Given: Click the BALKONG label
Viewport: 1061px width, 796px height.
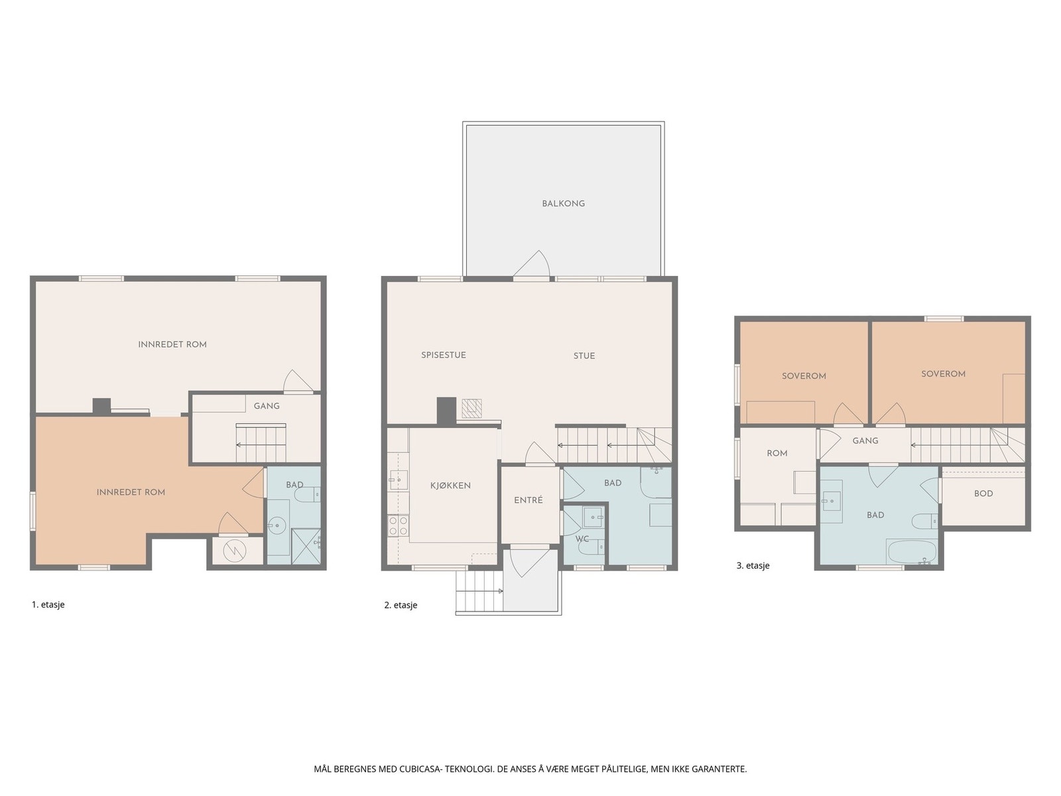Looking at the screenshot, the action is [x=563, y=204].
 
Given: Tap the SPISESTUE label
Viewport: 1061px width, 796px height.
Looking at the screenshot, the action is [x=443, y=356].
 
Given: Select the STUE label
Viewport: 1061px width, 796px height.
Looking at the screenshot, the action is [x=584, y=356].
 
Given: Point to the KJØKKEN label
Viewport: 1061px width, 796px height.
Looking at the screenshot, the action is [x=450, y=486].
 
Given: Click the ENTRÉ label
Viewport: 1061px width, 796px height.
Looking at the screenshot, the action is [x=529, y=500].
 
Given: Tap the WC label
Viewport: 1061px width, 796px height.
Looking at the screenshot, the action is [x=582, y=539].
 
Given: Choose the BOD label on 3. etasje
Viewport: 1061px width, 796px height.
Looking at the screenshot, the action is [x=983, y=494].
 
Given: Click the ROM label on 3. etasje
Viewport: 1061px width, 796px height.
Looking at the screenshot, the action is [x=777, y=453].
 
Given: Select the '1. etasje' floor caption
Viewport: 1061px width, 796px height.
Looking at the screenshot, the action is [x=48, y=604].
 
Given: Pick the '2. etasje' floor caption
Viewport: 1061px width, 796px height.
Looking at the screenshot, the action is [x=401, y=605].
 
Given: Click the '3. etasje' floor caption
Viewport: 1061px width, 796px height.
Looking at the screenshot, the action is [x=753, y=565].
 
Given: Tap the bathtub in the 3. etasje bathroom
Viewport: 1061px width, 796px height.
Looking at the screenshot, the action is [x=911, y=552].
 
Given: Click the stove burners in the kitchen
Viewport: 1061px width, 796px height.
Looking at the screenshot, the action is [x=398, y=526].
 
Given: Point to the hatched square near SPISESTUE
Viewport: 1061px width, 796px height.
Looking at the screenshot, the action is [x=471, y=409].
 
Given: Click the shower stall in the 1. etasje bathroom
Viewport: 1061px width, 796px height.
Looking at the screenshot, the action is [x=306, y=546].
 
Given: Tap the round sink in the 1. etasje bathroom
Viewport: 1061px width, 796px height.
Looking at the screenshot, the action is [x=277, y=524].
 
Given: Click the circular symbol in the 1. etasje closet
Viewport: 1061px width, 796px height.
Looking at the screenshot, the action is [x=235, y=551].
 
